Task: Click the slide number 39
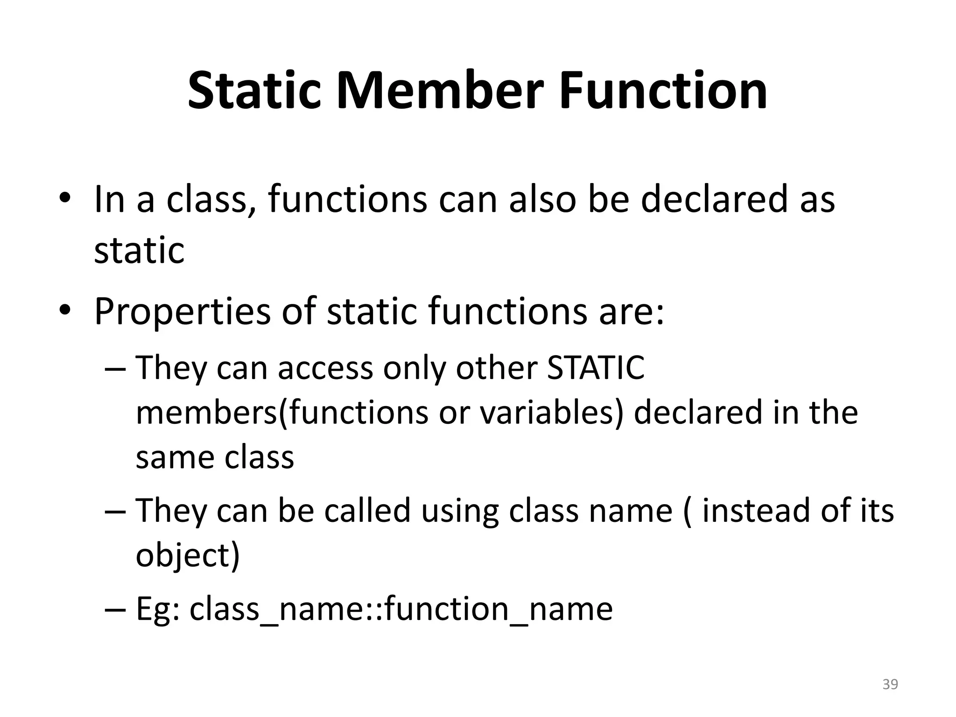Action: coord(890,684)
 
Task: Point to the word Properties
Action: coord(183,312)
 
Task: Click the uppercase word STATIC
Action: coord(596,368)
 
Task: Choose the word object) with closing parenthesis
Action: coord(188,555)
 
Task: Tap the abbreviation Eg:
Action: coord(158,610)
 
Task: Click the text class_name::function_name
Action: coord(401,610)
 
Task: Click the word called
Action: coord(367,511)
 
